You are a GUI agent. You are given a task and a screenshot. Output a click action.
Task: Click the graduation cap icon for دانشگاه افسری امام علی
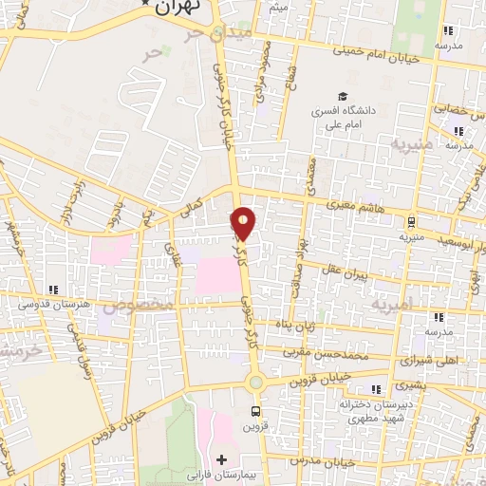coord(341,96)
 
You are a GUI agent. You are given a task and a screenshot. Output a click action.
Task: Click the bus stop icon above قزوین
coord(254,411)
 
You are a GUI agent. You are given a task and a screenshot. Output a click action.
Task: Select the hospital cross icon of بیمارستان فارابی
coord(221,460)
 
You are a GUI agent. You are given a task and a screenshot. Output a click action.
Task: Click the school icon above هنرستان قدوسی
coord(54,289)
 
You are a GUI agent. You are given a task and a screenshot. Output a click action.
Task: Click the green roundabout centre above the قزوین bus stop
coord(254,383)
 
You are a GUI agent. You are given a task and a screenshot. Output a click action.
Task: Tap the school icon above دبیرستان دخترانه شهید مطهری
coord(377,388)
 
